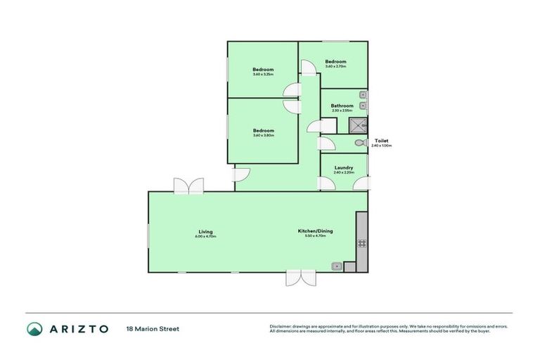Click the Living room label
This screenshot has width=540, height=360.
205,231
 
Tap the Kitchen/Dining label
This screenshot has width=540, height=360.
316,231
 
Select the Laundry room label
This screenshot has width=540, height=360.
344,167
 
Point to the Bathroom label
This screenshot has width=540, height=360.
342,106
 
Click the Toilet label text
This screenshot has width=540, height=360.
382,141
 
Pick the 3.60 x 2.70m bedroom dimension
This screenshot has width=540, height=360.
335,67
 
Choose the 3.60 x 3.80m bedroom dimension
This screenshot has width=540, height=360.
264,135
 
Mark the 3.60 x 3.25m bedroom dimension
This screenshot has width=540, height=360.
264,74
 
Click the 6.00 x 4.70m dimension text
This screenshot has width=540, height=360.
205,236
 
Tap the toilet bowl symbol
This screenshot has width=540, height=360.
359,143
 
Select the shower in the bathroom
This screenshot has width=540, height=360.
359,126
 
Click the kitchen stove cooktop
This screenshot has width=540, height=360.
362,243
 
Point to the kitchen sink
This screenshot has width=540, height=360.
337,266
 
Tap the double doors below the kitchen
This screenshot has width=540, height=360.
297,278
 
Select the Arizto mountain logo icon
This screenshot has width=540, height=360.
34,328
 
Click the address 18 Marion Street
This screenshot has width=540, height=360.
153,328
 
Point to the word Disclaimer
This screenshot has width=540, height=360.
280,326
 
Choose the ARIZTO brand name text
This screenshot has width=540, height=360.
78,328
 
